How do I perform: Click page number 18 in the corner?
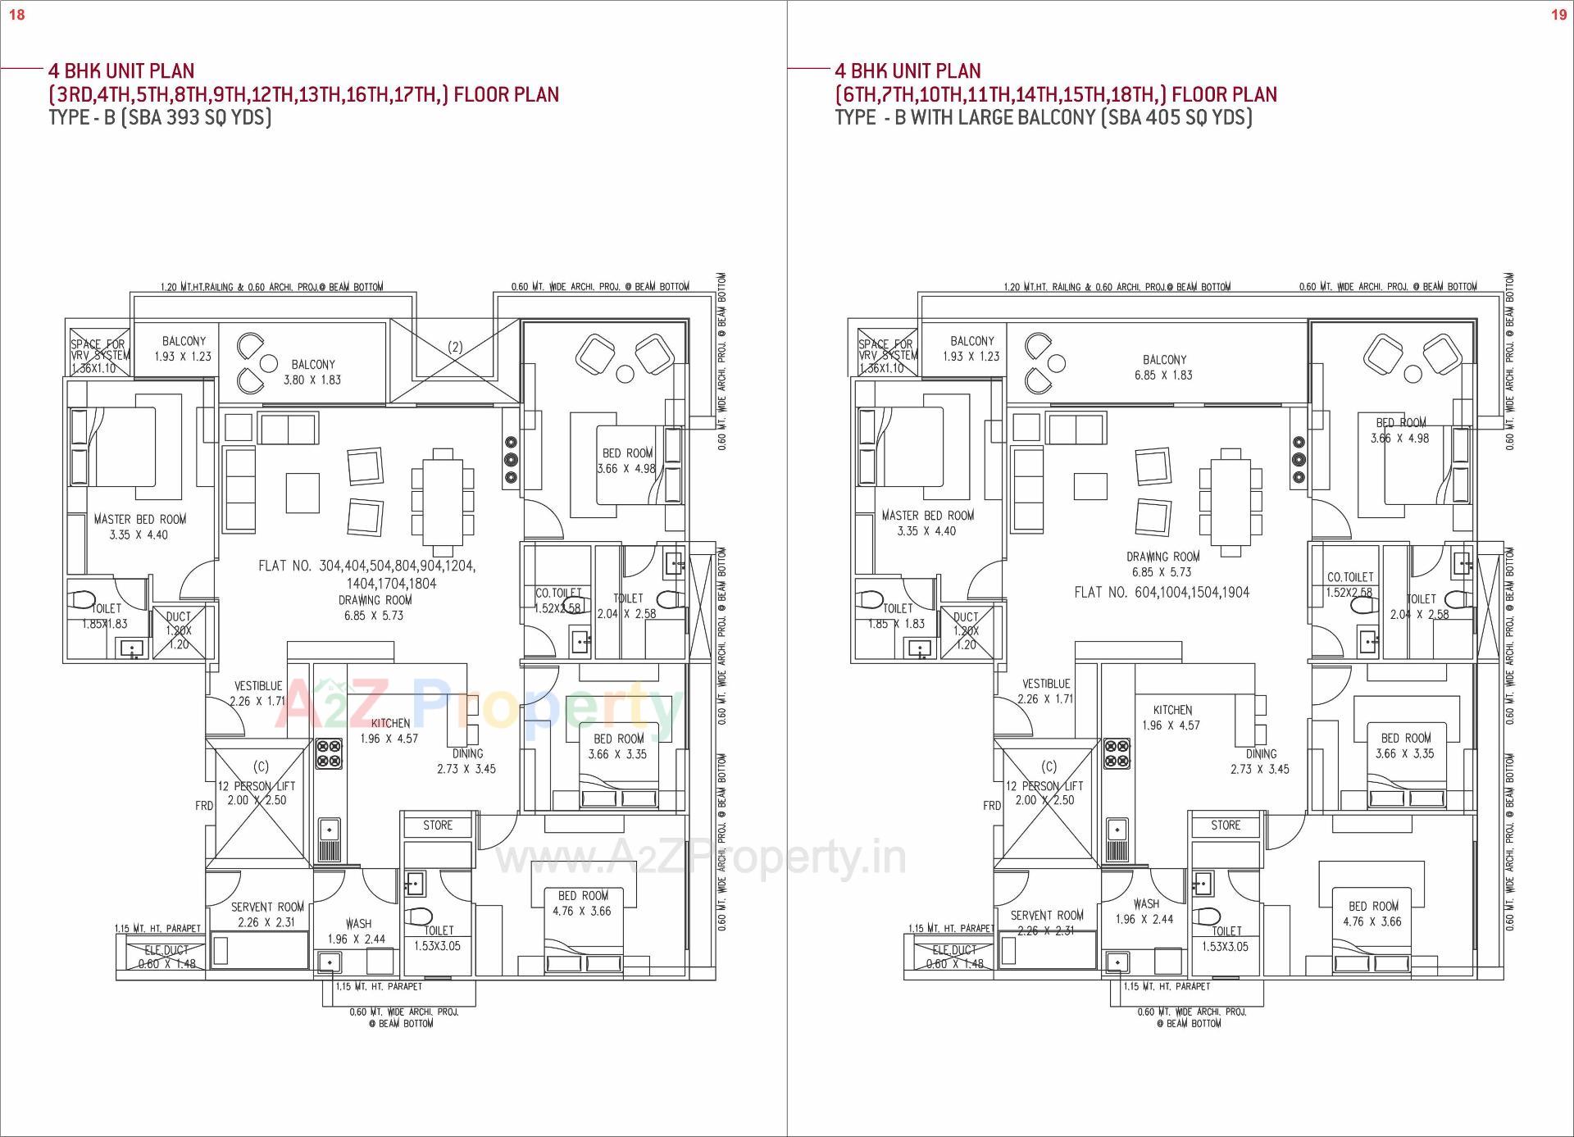(16, 15)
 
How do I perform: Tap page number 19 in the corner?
(1558, 15)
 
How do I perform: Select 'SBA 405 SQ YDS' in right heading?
(1176, 117)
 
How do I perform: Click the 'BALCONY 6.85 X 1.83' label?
(1164, 367)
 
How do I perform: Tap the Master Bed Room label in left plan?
(139, 526)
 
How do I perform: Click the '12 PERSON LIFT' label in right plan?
(1044, 793)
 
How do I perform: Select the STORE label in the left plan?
(438, 825)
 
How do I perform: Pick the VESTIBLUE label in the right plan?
(1046, 691)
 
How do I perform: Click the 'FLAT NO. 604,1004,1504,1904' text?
(1162, 593)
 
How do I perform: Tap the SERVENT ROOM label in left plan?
(267, 914)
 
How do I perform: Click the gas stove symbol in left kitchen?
(330, 753)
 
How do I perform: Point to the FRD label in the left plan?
(204, 806)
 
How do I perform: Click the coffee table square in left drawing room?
(302, 492)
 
